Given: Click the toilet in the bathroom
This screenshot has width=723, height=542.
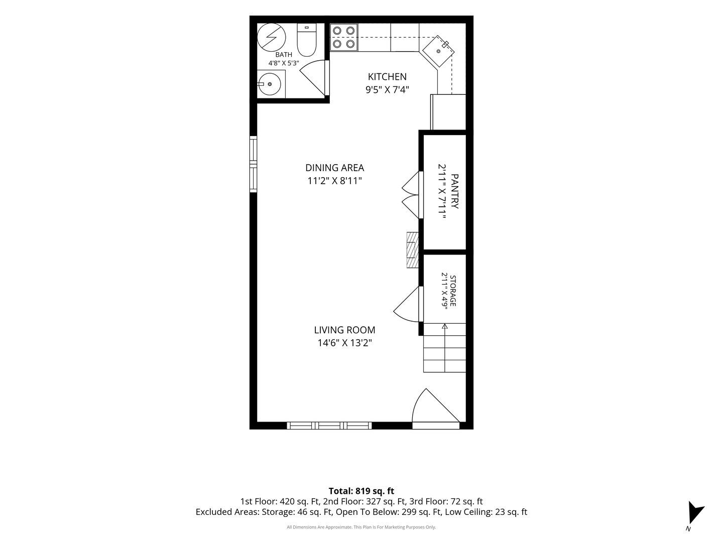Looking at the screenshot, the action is pyautogui.click(x=306, y=40).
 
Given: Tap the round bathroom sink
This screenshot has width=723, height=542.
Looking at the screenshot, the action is pyautogui.click(x=270, y=84).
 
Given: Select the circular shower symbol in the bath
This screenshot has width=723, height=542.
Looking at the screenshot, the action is pyautogui.click(x=271, y=38).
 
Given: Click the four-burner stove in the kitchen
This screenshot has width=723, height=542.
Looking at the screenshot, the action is pyautogui.click(x=344, y=37).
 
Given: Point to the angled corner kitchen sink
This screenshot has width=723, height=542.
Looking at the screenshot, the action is pyautogui.click(x=438, y=51).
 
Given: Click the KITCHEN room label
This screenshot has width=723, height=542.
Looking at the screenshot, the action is pyautogui.click(x=387, y=77).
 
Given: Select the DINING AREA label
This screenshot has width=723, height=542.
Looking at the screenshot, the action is pyautogui.click(x=335, y=168).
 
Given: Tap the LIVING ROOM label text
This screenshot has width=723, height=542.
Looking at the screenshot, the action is pyautogui.click(x=344, y=330).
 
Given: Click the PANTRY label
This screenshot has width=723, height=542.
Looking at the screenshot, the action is pyautogui.click(x=454, y=191).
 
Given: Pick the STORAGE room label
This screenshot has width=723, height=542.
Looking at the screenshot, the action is pyautogui.click(x=453, y=291).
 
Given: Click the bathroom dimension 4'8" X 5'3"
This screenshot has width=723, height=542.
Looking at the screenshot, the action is pyautogui.click(x=284, y=63).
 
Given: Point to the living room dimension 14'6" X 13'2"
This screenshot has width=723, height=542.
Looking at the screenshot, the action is pyautogui.click(x=344, y=343).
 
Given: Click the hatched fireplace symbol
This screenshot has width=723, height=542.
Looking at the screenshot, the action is pyautogui.click(x=413, y=250).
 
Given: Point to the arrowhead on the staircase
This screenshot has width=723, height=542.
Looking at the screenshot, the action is pyautogui.click(x=445, y=326).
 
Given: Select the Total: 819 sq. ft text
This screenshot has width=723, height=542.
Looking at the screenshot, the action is pyautogui.click(x=361, y=491).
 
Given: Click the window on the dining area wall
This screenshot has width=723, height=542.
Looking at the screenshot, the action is pyautogui.click(x=253, y=164).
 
